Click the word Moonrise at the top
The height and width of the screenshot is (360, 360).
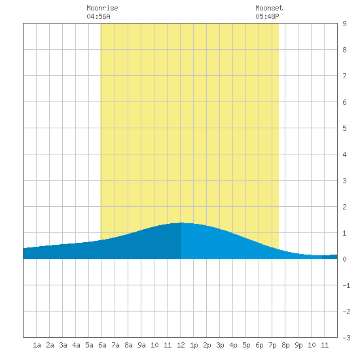click(x=102, y=8)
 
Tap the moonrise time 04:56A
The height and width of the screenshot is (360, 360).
click(x=98, y=16)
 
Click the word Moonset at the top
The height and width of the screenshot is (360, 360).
click(x=269, y=8)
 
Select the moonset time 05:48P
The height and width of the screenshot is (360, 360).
click(x=267, y=16)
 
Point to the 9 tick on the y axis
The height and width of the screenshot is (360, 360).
click(x=344, y=24)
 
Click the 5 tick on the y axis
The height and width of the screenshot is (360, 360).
click(x=344, y=128)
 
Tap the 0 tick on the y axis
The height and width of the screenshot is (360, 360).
click(x=344, y=259)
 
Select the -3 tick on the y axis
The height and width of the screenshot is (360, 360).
click(x=346, y=338)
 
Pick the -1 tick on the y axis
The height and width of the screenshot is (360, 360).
click(x=346, y=285)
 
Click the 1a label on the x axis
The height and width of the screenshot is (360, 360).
click(x=37, y=345)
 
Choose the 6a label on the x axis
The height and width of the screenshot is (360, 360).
click(x=102, y=345)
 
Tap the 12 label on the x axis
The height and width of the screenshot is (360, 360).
click(x=181, y=345)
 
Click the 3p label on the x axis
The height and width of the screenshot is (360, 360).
click(x=220, y=345)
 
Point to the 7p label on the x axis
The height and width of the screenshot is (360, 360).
click(x=272, y=345)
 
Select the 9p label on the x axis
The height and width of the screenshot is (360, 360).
click(x=298, y=345)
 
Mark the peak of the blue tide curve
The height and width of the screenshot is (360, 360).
click(x=181, y=223)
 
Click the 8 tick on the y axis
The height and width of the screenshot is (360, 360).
click(x=344, y=50)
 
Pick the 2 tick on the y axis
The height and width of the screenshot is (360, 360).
click(x=344, y=207)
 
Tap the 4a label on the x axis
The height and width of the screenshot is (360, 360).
click(x=76, y=345)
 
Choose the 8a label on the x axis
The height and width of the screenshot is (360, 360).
click(x=128, y=345)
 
